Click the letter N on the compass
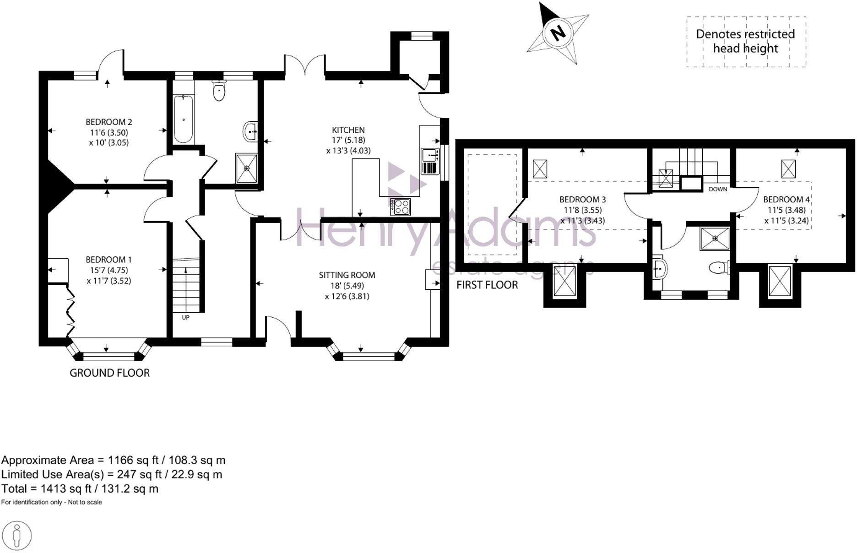pos(557,33)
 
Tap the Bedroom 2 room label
pos(109,122)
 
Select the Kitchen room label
pos(348,130)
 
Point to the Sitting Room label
pos(347,275)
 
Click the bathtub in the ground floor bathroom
pos(184,119)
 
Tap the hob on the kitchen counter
pos(401,206)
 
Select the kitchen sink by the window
pos(429,156)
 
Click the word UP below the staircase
pos(185,317)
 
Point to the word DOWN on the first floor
pos(717,189)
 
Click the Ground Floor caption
pos(109,373)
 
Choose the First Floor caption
pos(487,285)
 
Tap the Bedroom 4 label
pos(786,200)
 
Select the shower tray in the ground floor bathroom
pos(247,168)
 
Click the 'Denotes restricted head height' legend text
pos(745,41)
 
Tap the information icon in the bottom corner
pos(17,535)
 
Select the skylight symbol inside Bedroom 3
pos(540,169)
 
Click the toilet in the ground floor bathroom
pos(220,91)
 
